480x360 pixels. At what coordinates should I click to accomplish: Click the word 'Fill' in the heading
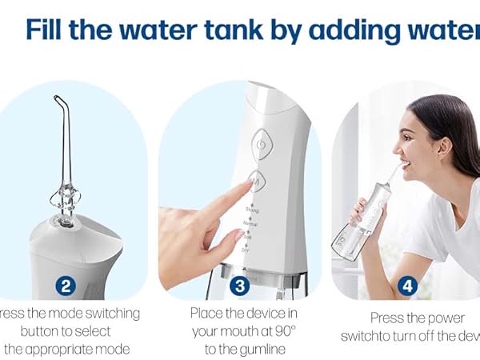[49, 30]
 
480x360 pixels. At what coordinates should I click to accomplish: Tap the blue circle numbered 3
[238, 284]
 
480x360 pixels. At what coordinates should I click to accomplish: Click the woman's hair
[452, 120]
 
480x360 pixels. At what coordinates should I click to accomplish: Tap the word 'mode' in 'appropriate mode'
[112, 349]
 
